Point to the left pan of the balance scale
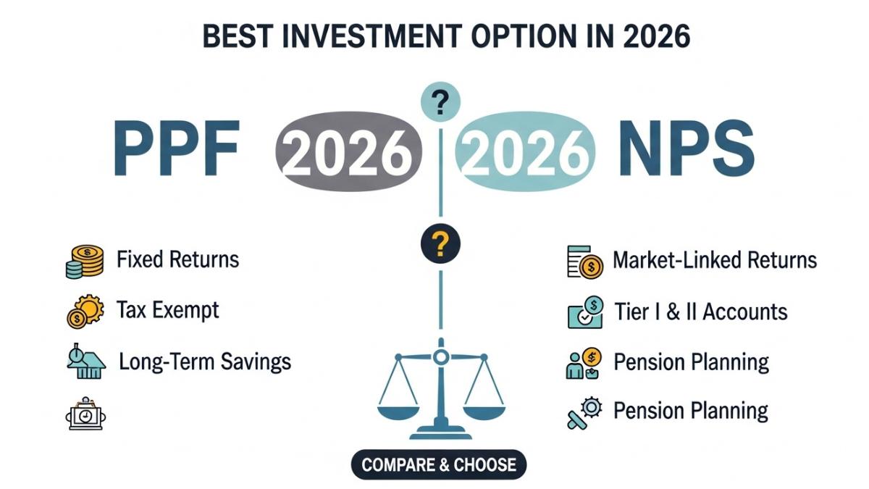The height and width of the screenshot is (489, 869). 398,411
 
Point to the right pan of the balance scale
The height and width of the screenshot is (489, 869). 483,411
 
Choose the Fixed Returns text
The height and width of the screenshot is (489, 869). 177,259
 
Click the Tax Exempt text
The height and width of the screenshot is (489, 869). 168,311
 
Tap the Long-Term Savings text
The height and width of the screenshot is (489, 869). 205,361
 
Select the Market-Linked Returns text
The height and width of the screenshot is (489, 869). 715,260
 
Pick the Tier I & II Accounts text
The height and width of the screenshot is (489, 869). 700,312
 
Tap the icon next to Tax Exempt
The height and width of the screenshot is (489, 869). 84,312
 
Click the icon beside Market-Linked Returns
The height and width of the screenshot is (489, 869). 584,262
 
